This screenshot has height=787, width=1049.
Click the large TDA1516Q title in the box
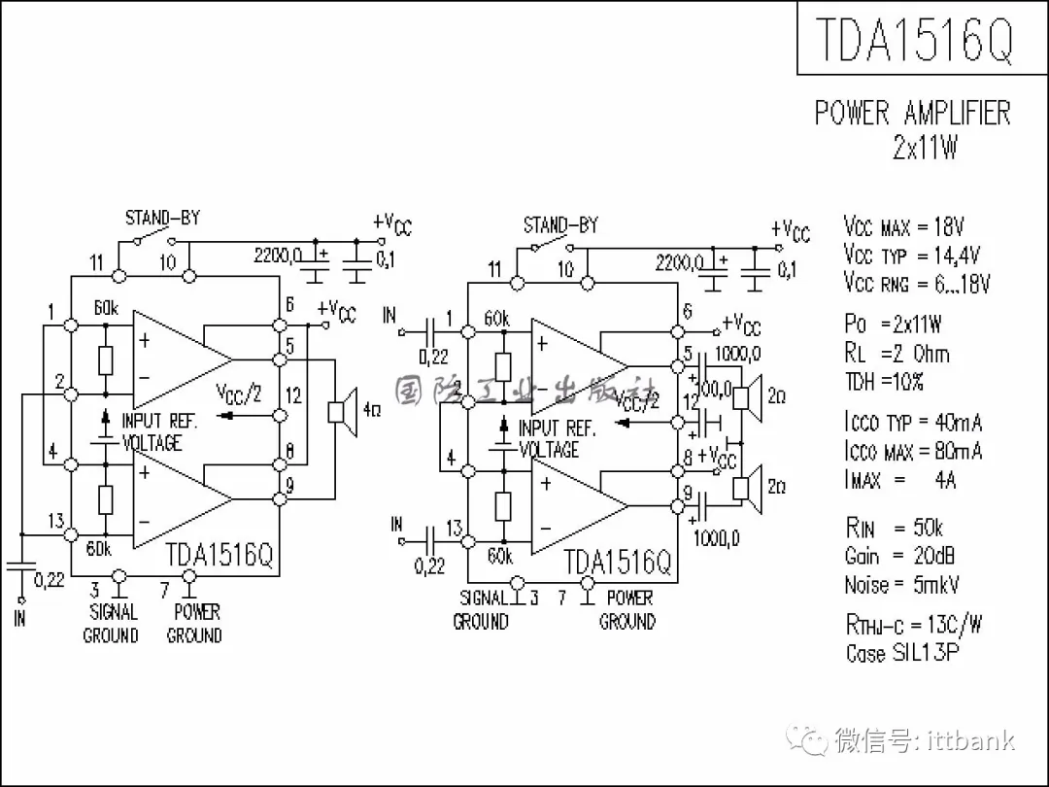click(914, 39)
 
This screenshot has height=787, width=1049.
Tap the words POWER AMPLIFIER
click(912, 113)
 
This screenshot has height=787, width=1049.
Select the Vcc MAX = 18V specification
click(903, 228)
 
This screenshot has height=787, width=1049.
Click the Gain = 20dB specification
click(898, 557)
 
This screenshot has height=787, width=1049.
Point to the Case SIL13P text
click(902, 652)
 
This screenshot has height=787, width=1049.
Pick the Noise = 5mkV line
click(900, 585)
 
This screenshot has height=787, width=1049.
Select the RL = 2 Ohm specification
click(897, 354)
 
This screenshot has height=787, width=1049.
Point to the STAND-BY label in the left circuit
click(162, 218)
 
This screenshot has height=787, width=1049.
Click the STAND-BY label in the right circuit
click(560, 225)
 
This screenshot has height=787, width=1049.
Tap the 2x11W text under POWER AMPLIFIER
click(925, 149)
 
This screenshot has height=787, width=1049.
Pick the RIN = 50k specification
click(894, 529)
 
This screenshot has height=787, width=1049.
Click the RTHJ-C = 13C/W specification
click(913, 624)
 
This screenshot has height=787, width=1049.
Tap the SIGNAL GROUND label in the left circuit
click(112, 624)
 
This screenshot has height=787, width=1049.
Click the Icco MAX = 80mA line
click(912, 451)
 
